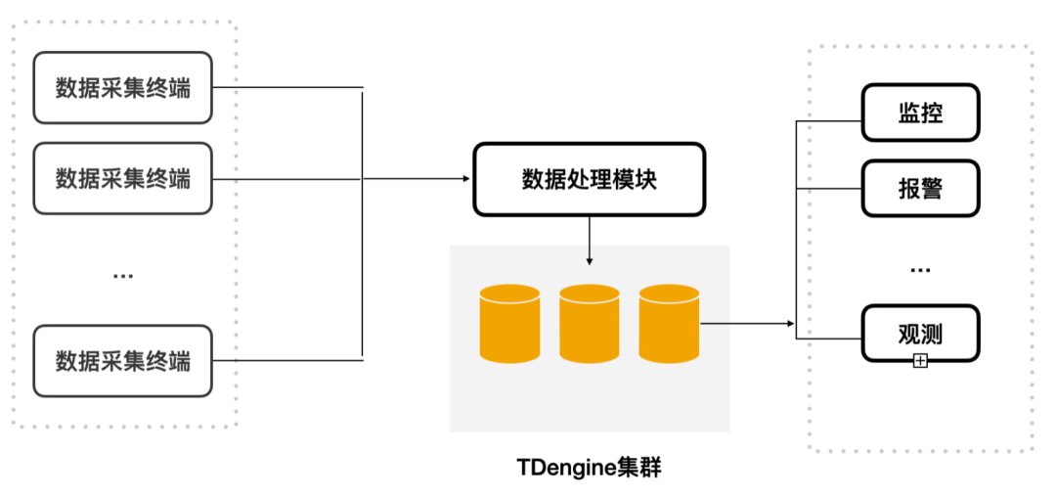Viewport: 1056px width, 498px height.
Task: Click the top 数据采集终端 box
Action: tap(122, 88)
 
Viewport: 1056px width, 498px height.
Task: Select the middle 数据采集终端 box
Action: tap(122, 178)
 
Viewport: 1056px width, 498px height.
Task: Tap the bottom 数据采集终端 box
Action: tap(122, 360)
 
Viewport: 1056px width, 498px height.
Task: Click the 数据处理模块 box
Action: tap(589, 179)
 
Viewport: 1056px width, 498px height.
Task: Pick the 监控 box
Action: tap(919, 113)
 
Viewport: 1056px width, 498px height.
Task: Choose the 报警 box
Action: tap(919, 188)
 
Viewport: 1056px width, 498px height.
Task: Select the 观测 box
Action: tap(919, 334)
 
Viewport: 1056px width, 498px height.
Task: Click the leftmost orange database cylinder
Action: tap(508, 322)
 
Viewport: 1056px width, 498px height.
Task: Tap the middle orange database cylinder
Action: tap(589, 322)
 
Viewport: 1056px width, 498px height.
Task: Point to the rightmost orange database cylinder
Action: tap(669, 322)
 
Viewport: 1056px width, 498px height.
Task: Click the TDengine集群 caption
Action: tap(589, 468)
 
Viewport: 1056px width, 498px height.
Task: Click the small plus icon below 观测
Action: tap(919, 362)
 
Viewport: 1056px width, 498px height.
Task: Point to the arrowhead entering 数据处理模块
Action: tap(465, 179)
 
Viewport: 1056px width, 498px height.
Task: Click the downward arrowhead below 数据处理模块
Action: tap(589, 261)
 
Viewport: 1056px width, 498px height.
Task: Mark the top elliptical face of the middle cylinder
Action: tap(589, 294)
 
